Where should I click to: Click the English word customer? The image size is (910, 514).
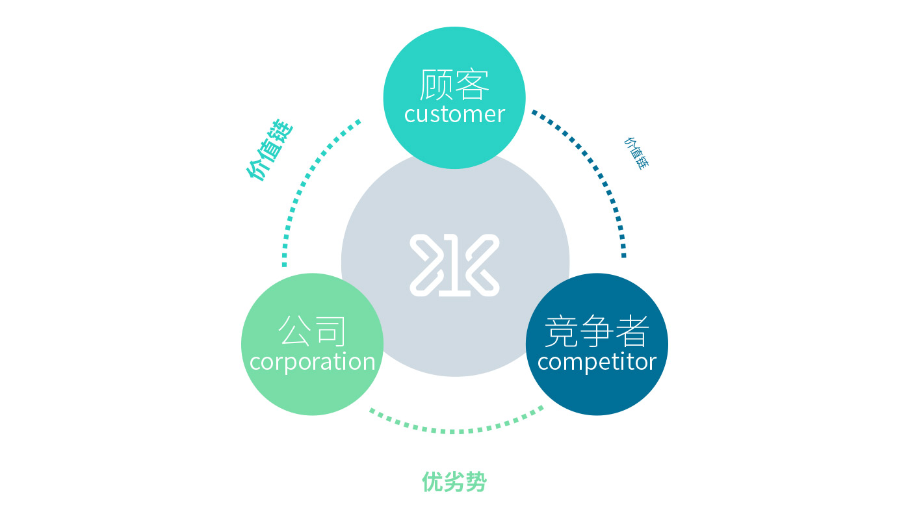[x=454, y=114]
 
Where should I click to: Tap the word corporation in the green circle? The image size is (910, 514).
[x=312, y=361]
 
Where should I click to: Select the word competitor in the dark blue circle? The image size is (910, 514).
[x=597, y=361]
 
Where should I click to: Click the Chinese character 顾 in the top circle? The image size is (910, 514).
[x=437, y=84]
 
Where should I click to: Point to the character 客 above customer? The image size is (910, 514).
[x=473, y=84]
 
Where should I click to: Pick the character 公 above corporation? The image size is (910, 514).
[x=294, y=331]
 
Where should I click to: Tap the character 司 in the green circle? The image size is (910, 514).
[x=330, y=331]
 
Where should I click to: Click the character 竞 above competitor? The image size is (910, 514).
[x=561, y=331]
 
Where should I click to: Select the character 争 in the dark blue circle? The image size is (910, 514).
[x=597, y=331]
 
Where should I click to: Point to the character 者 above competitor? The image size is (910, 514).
[x=632, y=331]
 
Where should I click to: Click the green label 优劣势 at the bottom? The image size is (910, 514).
[x=454, y=482]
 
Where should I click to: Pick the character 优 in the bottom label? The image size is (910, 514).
[x=433, y=482]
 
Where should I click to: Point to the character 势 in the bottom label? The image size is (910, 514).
[x=476, y=482]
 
